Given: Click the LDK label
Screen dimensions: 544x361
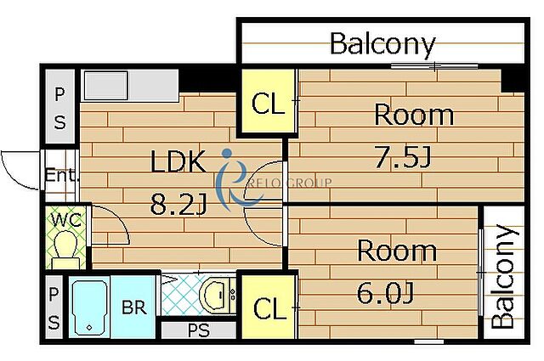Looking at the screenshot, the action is pos(178,161).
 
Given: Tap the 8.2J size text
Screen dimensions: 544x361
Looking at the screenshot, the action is pos(178,204).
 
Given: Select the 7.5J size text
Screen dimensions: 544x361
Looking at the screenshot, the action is pos(403,157).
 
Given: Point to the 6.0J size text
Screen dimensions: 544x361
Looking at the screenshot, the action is pos(385,293).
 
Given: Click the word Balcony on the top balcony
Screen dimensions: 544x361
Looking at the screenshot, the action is pos(382,44).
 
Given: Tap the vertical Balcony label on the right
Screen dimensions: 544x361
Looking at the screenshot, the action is pos(504,276).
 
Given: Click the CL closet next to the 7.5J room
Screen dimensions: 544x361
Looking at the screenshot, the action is pos(267,101).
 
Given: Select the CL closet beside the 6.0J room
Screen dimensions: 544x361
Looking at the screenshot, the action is pos(269,307).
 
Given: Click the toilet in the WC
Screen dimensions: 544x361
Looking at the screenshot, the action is pos(65,249).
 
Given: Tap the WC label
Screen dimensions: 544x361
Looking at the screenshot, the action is pos(66,219).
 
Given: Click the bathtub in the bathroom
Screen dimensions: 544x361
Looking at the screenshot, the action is pos(89,307).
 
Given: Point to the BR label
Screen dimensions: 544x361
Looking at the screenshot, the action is pos(134,307).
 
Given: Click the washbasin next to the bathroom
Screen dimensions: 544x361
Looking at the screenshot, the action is pos(214,295).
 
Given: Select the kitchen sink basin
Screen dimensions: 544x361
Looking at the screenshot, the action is pos(106,85).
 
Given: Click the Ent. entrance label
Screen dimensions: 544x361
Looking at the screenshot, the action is pos(60,175).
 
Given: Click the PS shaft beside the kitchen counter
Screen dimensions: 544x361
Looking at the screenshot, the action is pos(60,106).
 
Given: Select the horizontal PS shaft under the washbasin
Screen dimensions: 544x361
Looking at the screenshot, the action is pos(199,330).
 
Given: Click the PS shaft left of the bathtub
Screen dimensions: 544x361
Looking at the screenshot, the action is pos(54,307).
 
